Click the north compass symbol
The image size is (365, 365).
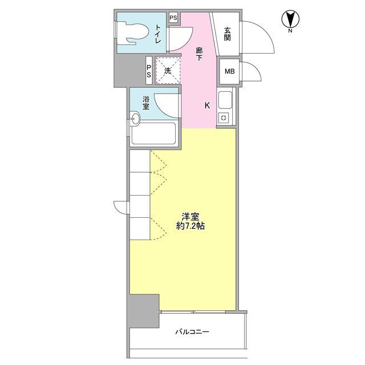290,20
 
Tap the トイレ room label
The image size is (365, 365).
158,34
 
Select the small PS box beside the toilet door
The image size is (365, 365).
173,18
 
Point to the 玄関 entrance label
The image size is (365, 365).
228,34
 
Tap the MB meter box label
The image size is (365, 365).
229,71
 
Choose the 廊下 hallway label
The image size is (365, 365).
199,54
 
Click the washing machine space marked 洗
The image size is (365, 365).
168,71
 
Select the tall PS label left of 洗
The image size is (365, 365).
149,71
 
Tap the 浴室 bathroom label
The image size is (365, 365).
146,103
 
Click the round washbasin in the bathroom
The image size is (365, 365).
135,119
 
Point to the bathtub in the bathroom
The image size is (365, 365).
153,133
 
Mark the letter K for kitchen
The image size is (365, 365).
207,106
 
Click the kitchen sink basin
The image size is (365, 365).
225,100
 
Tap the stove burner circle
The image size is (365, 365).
224,118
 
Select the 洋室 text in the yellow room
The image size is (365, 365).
190,217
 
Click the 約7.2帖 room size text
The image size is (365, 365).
190,226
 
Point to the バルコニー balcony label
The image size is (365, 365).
192,331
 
